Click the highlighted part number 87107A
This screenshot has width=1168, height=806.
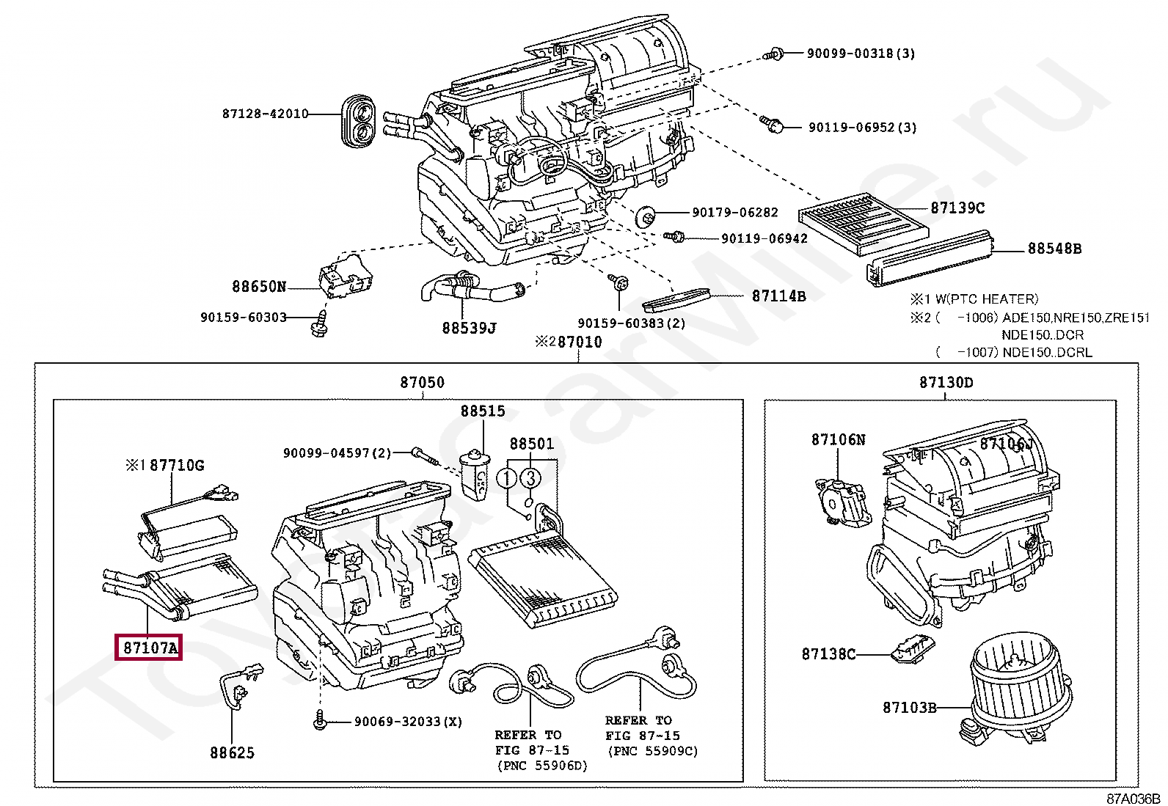(149, 648)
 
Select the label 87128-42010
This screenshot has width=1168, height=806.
(265, 114)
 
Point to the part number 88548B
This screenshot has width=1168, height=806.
(1054, 249)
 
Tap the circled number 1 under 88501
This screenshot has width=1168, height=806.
(506, 479)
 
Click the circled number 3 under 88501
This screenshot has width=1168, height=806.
(530, 479)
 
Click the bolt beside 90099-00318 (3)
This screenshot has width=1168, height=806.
(775, 53)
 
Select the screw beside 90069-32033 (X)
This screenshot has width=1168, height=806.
(321, 721)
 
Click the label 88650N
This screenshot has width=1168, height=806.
(259, 287)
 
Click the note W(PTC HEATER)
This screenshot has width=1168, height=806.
(984, 298)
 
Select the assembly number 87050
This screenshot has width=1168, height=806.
(422, 382)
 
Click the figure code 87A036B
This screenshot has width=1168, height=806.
(1134, 798)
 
